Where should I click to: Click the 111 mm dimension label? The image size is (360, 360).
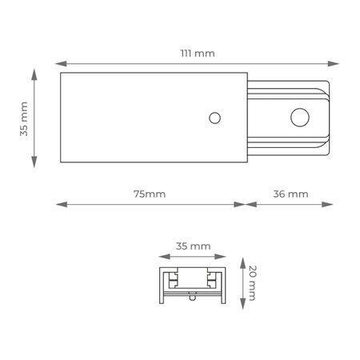coord(198,54)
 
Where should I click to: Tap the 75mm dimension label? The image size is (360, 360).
coord(150,194)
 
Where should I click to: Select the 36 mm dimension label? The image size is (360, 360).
coord(290,194)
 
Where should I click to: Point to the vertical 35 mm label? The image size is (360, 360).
coord(24,118)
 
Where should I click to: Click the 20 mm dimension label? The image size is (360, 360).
coord(252,283)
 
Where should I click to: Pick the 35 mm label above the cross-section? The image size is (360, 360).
coord(194,246)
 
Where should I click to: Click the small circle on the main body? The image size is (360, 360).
coord(214,118)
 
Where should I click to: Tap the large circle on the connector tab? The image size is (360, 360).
coord(300,118)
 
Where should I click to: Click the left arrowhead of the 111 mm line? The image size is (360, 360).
coord(61,64)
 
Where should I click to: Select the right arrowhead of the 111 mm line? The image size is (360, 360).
coord(334,64)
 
